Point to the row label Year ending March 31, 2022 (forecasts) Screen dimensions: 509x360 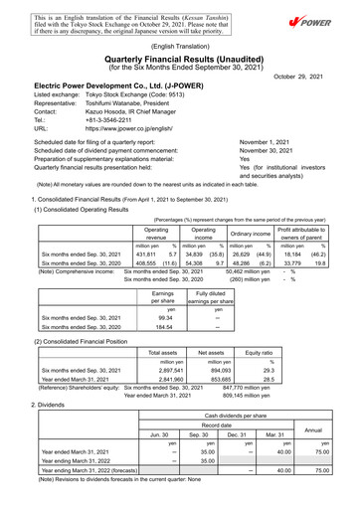(x=90, y=471)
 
